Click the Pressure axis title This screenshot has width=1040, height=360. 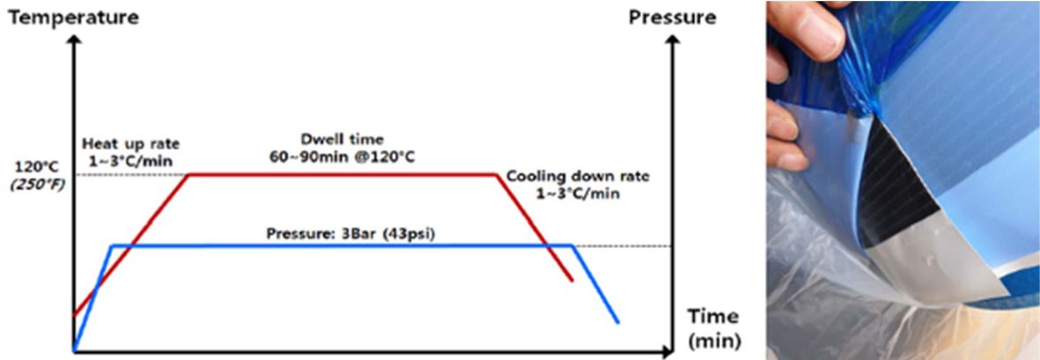tap(672, 17)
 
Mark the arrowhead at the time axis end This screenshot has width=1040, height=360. tap(669, 353)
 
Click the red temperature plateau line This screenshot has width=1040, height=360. tap(343, 174)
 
